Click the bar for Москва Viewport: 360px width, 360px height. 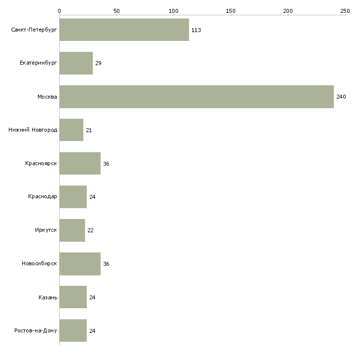[197, 97]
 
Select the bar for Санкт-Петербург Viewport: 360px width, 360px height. [124, 30]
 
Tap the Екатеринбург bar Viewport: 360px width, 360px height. [76, 63]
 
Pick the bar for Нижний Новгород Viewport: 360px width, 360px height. [72, 130]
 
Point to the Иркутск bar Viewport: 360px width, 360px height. [72, 230]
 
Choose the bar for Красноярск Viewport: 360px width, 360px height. [80, 163]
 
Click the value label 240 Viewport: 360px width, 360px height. [341, 97]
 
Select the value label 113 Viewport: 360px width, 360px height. [196, 30]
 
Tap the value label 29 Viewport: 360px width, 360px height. [98, 63]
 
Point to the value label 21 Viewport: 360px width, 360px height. [89, 130]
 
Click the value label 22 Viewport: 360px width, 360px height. [90, 230]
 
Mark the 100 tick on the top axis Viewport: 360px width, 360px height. [174, 15]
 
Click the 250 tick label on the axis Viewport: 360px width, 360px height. [345, 11]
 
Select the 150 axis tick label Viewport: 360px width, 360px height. [231, 11]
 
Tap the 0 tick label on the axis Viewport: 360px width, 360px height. [60, 11]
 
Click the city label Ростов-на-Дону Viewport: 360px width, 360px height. [36, 330]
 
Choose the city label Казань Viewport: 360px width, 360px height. [48, 297]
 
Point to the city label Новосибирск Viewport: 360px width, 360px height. [39, 263]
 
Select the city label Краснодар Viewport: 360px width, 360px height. [42, 197]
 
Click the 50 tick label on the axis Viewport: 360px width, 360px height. [116, 11]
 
